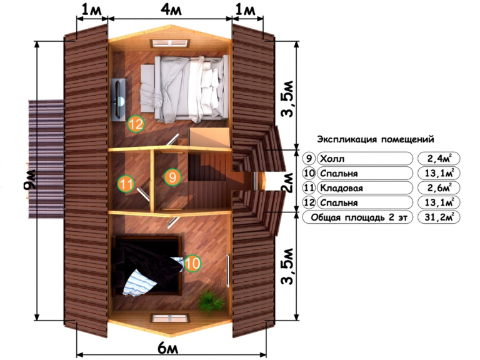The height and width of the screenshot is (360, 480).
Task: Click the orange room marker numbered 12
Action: coord(136,124)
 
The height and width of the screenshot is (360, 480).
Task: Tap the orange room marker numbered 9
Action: coord(172,177)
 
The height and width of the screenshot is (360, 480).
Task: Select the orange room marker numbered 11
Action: coord(126,184)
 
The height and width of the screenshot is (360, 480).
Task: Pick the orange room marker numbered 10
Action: coord(192,263)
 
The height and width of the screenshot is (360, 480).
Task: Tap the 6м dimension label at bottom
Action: coord(167,347)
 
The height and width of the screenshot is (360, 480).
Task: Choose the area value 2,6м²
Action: coord(439,187)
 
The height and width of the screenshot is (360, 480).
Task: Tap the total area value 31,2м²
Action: coord(439,217)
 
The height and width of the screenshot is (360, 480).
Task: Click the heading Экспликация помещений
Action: coord(375,139)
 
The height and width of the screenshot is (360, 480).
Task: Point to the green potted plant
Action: coord(211,300)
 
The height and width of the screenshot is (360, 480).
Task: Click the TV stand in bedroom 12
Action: coord(118,99)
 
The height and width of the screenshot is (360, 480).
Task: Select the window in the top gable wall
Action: coord(170,44)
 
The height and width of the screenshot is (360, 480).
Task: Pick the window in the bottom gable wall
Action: coord(170,318)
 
